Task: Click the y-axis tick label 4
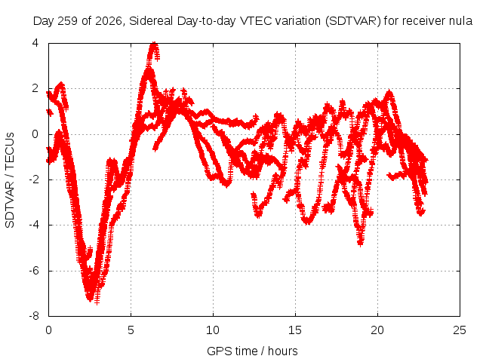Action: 35,43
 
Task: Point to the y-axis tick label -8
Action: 34,316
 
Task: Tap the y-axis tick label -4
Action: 34,225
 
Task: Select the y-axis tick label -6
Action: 34,271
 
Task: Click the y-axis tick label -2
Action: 34,179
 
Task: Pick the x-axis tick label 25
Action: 460,330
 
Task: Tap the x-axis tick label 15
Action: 295,330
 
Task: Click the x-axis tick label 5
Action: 131,330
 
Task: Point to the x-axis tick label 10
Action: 213,330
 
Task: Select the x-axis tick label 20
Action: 377,330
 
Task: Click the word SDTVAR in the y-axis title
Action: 10,204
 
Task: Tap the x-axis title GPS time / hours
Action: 252,351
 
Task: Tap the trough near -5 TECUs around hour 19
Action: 361,244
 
